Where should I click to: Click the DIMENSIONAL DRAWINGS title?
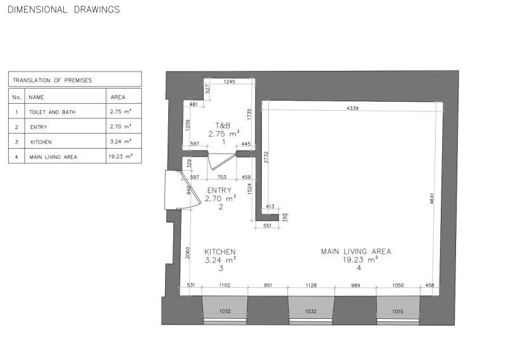[64, 9]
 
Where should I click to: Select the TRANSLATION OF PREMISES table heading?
[52, 80]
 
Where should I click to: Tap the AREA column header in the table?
[118, 97]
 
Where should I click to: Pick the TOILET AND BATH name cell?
[52, 113]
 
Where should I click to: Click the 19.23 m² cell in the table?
[120, 157]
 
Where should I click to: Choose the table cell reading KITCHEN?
[41, 142]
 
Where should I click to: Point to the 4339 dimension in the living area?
[352, 108]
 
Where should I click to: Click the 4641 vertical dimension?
[432, 198]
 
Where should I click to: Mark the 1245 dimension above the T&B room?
[230, 82]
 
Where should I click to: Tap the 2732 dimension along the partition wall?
[266, 158]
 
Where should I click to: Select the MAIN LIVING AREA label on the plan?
[356, 252]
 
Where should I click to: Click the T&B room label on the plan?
[223, 125]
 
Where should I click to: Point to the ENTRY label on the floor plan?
[219, 190]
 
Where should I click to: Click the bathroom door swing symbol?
[219, 161]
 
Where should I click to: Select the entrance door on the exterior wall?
[182, 190]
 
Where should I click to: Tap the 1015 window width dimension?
[398, 311]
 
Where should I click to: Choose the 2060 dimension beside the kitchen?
[188, 253]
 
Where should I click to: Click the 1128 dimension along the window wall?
[311, 285]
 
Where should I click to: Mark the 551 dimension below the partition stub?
[267, 226]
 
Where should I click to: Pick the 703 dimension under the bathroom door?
[222, 177]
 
